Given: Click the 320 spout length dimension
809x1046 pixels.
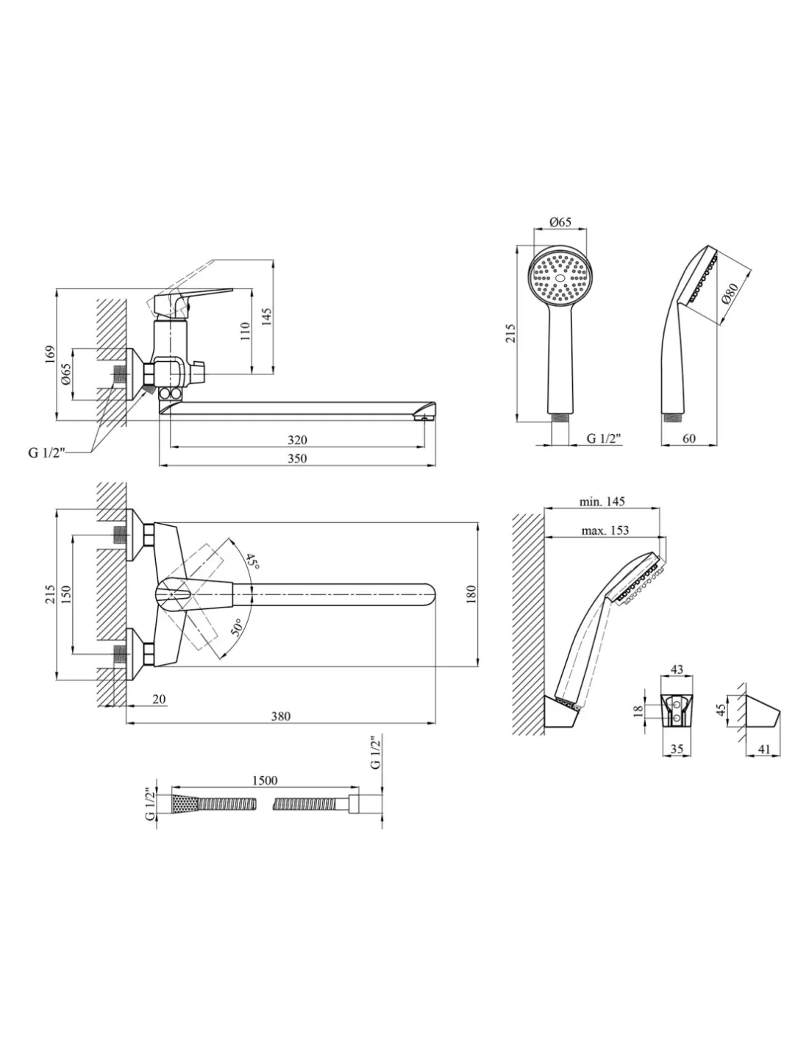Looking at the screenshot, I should pos(296,440).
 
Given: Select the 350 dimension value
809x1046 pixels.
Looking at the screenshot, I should pos(296,458).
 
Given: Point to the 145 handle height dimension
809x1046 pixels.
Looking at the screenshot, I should pos(268,316).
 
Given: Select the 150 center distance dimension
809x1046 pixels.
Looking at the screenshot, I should pos(66,594).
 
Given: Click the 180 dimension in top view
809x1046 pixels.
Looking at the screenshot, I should pos(471,594).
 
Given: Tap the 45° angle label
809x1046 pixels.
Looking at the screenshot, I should pos(252,563).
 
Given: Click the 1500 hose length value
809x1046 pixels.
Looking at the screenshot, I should pos(264,780).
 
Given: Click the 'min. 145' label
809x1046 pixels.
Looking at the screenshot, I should pos(602,502).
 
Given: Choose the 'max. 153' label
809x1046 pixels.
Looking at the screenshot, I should pos(605,530).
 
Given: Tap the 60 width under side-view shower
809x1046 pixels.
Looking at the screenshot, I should pos(688,439).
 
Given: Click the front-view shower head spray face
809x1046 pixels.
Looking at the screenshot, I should pos(560,278).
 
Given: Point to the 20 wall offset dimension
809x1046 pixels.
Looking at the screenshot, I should pos(159,699).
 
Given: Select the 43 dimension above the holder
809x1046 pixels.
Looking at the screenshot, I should pos(677,670).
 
